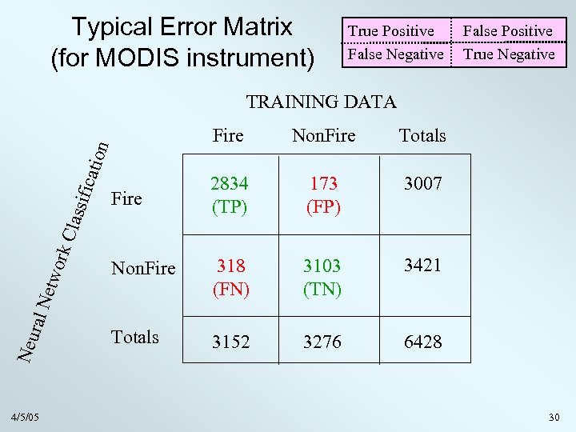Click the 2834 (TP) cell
[x=229, y=195]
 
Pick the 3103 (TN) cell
[x=322, y=277]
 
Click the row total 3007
[x=422, y=184]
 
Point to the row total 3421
[x=422, y=266]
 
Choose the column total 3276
[x=322, y=342]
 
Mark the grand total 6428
[x=422, y=342]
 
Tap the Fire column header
[x=228, y=136]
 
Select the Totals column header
[x=422, y=136]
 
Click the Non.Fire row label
[x=143, y=268]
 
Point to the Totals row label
[x=135, y=337]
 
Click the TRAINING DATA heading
[x=321, y=102]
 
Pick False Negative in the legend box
[x=394, y=54]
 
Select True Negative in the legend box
[x=509, y=54]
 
